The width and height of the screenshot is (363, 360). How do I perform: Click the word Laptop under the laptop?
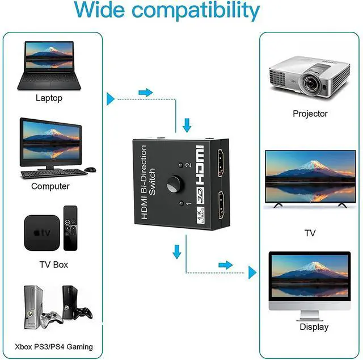tap(49, 98)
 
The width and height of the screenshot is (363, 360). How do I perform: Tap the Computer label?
tap(50, 186)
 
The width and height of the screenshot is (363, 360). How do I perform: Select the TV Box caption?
tap(54, 265)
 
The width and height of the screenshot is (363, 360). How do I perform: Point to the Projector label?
tap(310, 114)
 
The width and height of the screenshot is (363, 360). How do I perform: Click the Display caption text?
tap(314, 327)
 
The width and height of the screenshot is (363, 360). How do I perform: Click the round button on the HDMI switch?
tap(175, 185)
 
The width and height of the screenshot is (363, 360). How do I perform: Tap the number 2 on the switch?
tap(188, 165)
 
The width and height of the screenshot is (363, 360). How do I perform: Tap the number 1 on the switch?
tap(189, 203)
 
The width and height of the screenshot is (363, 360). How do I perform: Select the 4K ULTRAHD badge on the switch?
tap(200, 215)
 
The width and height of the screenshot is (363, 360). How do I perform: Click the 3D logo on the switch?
tap(200, 196)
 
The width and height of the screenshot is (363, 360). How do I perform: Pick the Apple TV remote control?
tap(70, 228)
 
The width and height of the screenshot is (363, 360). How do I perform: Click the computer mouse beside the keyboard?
tap(90, 169)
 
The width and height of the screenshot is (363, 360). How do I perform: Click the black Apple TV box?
tap(42, 233)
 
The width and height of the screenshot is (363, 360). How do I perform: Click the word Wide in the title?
tap(100, 10)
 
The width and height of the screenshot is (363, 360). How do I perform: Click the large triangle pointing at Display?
tap(252, 273)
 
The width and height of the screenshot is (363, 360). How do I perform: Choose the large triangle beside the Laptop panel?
tap(110, 99)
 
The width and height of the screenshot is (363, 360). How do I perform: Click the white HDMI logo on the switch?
tap(200, 165)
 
